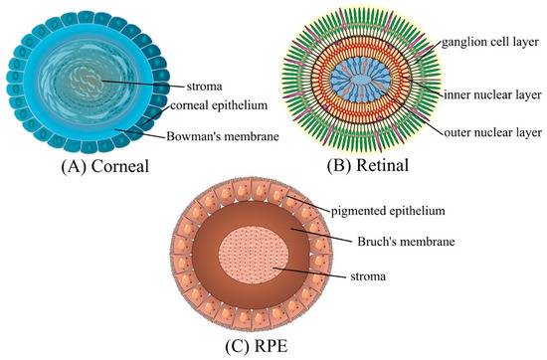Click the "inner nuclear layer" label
[x=487, y=93]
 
